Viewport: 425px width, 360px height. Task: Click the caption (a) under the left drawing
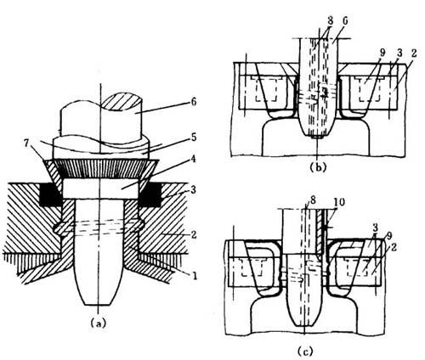[98, 323]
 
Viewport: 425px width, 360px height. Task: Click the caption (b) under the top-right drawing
[317, 167]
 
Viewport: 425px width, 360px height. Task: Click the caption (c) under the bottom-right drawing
[305, 352]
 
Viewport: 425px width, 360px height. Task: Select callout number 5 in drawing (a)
[193, 137]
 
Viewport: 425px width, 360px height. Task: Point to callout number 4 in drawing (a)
[193, 159]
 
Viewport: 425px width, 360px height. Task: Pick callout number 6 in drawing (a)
[193, 102]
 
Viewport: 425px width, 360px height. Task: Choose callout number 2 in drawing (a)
[193, 234]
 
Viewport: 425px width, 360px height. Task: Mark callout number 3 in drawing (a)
[193, 189]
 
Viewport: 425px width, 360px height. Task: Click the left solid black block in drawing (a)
[50, 194]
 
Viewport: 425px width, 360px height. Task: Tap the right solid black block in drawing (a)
[150, 194]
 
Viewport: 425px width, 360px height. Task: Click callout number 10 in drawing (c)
[340, 202]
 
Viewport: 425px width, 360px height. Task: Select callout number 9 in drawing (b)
[383, 53]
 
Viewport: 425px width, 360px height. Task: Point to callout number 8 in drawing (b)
[331, 21]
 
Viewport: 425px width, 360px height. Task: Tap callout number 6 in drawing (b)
[345, 21]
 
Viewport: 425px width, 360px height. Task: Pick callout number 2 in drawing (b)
[414, 53]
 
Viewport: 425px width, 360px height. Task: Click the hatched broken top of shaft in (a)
[122, 105]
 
